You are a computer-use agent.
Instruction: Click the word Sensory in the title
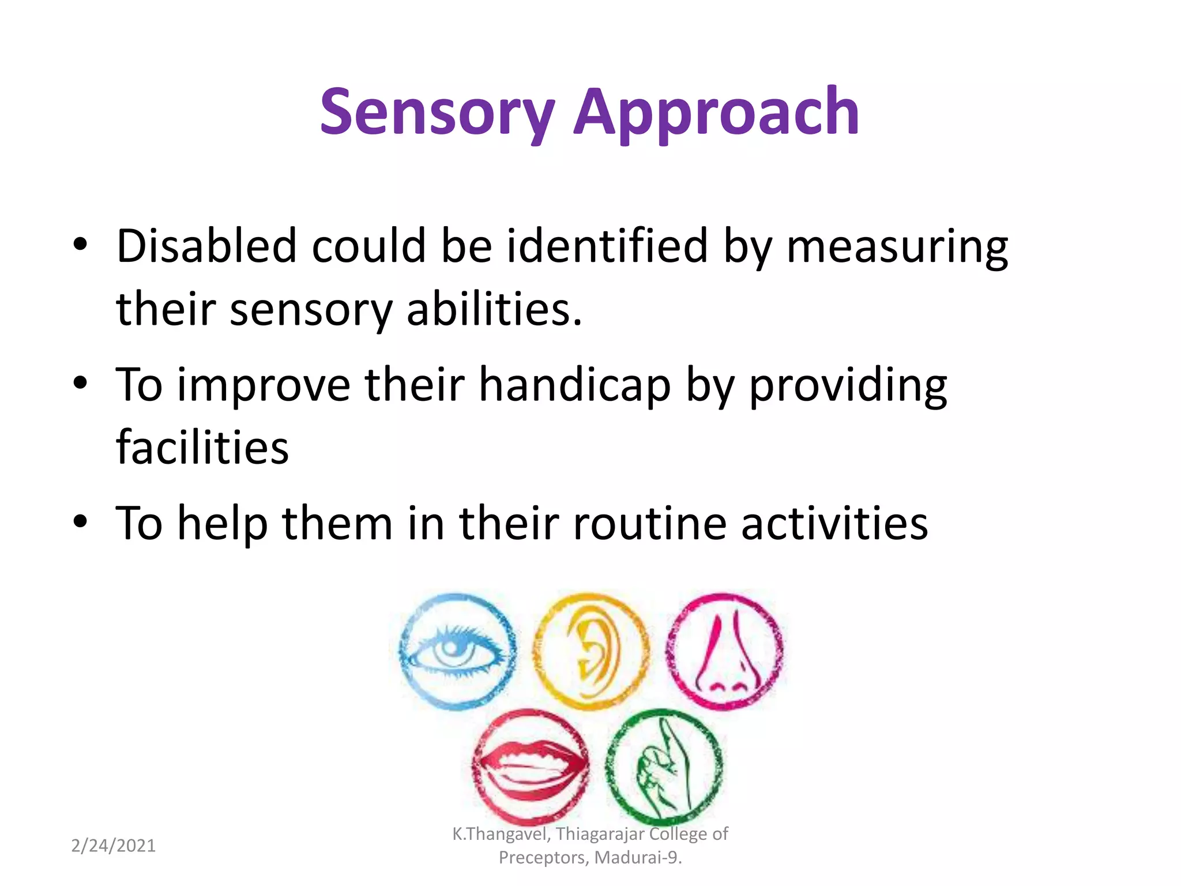[x=437, y=113]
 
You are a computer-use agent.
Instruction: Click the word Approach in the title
[x=716, y=113]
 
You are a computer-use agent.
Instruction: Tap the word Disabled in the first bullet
[x=206, y=246]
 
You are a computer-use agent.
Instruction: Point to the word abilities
[x=494, y=309]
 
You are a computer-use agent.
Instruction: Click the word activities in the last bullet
[x=834, y=524]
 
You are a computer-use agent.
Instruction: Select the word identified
[x=607, y=246]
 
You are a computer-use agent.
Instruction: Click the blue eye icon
[x=458, y=651]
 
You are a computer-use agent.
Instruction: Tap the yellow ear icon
[x=590, y=651]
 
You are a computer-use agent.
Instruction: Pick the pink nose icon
[x=725, y=651]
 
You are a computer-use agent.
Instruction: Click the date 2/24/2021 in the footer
[x=113, y=846]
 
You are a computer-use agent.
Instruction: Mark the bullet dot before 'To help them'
[x=80, y=521]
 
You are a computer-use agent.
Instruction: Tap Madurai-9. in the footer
[x=638, y=858]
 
